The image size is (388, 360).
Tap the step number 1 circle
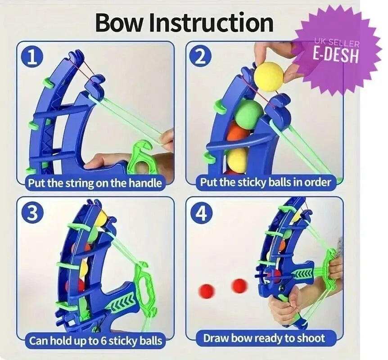[32, 58]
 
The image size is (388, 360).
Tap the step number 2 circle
[201, 58]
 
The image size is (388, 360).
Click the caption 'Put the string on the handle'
[95, 183]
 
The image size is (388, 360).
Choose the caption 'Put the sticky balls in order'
[266, 183]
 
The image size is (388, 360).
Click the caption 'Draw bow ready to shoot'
[264, 338]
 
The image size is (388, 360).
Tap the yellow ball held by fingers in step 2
[269, 76]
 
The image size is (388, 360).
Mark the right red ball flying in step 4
[239, 284]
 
